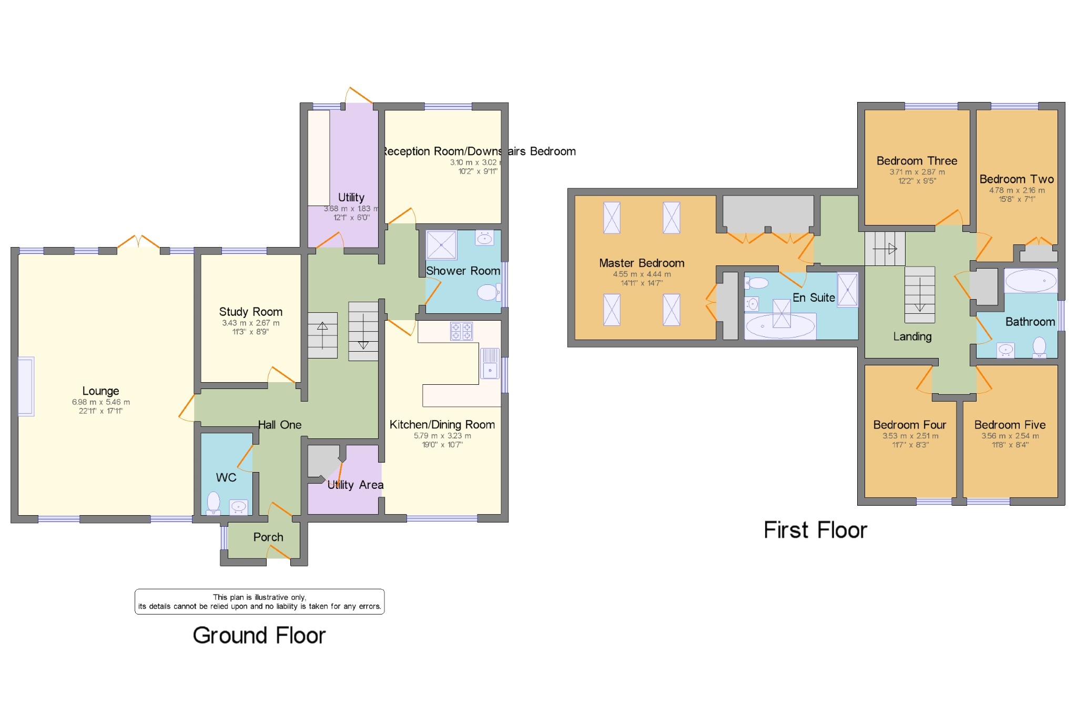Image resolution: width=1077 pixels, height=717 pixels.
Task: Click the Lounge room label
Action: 100,391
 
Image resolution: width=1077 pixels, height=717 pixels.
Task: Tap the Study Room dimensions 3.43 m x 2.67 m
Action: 250,323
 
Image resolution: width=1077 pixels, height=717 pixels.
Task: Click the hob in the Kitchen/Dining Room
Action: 461,331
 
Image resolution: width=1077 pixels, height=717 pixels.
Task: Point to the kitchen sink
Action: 490,363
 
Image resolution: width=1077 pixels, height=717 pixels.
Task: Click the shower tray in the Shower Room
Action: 441,245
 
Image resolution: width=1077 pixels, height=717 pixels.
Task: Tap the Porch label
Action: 268,537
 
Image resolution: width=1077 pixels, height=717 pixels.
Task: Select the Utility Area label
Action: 355,485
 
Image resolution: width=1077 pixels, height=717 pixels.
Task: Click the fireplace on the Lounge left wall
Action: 26,386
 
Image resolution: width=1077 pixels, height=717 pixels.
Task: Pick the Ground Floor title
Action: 259,636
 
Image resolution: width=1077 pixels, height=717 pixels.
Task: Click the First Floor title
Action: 815,530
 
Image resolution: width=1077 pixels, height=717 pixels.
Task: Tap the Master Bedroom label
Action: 642,263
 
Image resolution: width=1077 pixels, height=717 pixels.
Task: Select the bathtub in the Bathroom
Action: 1031,281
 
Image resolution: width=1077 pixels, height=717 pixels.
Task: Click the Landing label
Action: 912,336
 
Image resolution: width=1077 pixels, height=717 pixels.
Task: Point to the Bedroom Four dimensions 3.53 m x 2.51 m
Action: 910,436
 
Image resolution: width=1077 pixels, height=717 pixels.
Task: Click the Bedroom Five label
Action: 1010,425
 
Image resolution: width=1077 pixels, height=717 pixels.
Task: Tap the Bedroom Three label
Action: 917,161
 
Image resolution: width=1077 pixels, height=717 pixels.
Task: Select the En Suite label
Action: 814,298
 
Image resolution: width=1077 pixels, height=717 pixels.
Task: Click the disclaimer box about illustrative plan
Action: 259,601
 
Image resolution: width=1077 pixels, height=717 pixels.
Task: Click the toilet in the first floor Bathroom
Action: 1039,347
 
